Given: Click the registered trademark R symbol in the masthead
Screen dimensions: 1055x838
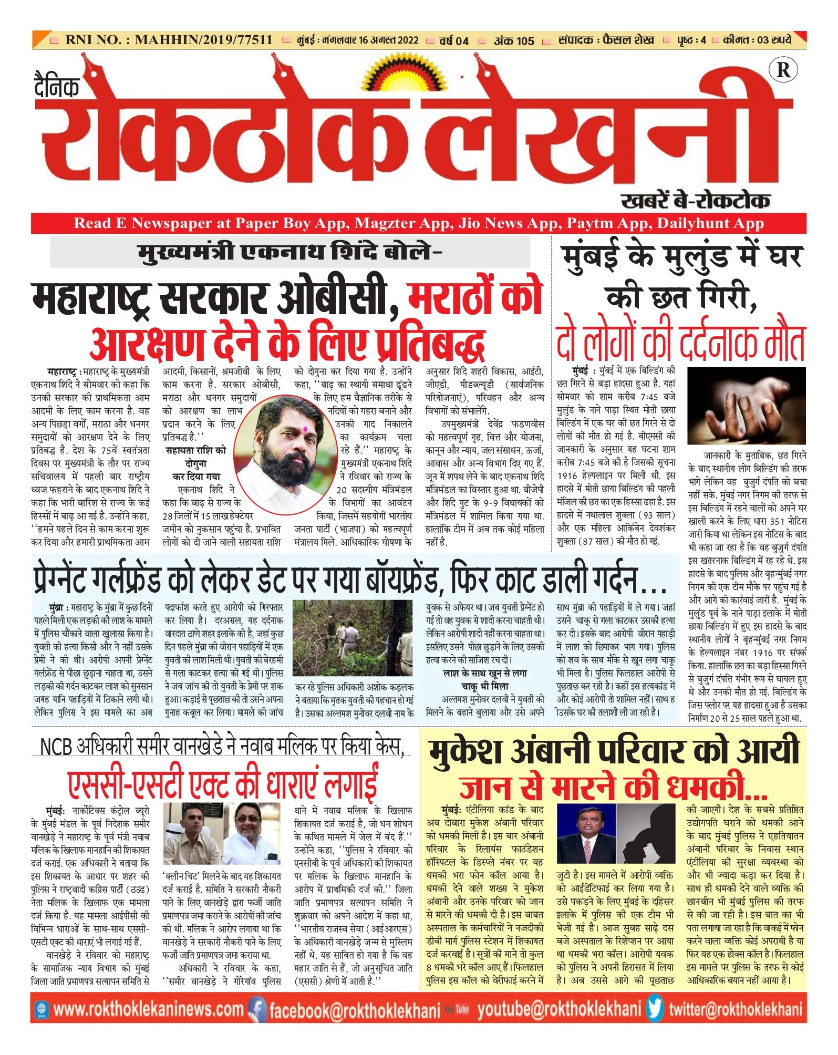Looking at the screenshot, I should (782, 70).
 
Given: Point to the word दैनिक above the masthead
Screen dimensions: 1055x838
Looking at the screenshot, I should (57, 87).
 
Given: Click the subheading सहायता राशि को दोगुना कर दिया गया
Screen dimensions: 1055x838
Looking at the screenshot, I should (196, 463).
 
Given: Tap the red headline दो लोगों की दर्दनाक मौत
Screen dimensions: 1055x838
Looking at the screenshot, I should (680, 344).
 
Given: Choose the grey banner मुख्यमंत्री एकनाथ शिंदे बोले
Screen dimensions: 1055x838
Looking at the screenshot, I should (290, 252).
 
